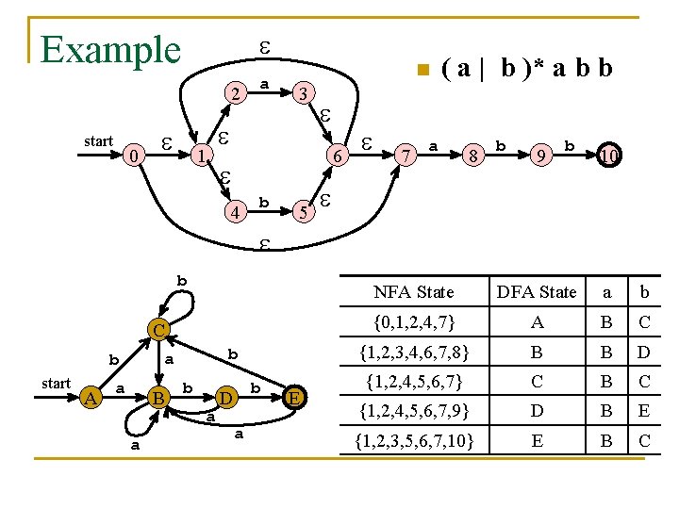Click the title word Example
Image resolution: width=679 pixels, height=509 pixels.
coord(110,49)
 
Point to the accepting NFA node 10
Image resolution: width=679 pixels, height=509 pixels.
coord(609,154)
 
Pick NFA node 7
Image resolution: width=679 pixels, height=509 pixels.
coord(405,154)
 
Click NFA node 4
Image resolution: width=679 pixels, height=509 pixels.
coord(233,209)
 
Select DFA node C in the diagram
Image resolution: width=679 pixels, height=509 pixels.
coord(159,330)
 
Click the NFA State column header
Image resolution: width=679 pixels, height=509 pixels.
coord(413,292)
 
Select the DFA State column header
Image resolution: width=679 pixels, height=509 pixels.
coord(537,292)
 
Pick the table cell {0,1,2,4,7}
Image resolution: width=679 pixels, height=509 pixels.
coord(413,323)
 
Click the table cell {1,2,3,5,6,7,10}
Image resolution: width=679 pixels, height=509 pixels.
coord(413,440)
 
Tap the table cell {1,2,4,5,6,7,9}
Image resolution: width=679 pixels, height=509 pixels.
coord(413,411)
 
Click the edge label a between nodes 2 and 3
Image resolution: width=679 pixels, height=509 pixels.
coord(265,85)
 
